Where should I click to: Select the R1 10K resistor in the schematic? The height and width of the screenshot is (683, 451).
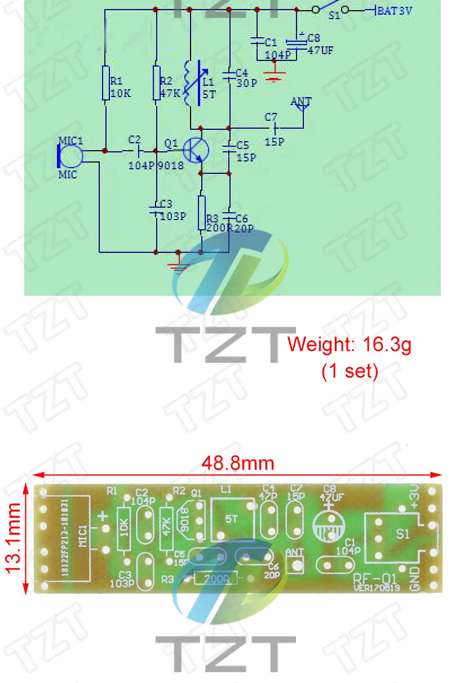pyautogui.click(x=105, y=83)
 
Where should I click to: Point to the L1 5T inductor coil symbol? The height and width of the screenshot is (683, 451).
pyautogui.click(x=191, y=85)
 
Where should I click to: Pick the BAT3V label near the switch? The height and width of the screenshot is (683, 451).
pyautogui.click(x=395, y=10)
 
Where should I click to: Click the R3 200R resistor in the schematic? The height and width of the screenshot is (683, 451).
pyautogui.click(x=202, y=213)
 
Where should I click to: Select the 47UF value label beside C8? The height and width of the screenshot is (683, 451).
pyautogui.click(x=320, y=49)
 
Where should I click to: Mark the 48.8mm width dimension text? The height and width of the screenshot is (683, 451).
pyautogui.click(x=237, y=463)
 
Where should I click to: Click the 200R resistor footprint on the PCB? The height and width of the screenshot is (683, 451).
pyautogui.click(x=216, y=578)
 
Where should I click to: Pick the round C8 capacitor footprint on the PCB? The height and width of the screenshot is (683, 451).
pyautogui.click(x=328, y=523)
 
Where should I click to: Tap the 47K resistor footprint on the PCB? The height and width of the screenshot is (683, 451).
pyautogui.click(x=166, y=528)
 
